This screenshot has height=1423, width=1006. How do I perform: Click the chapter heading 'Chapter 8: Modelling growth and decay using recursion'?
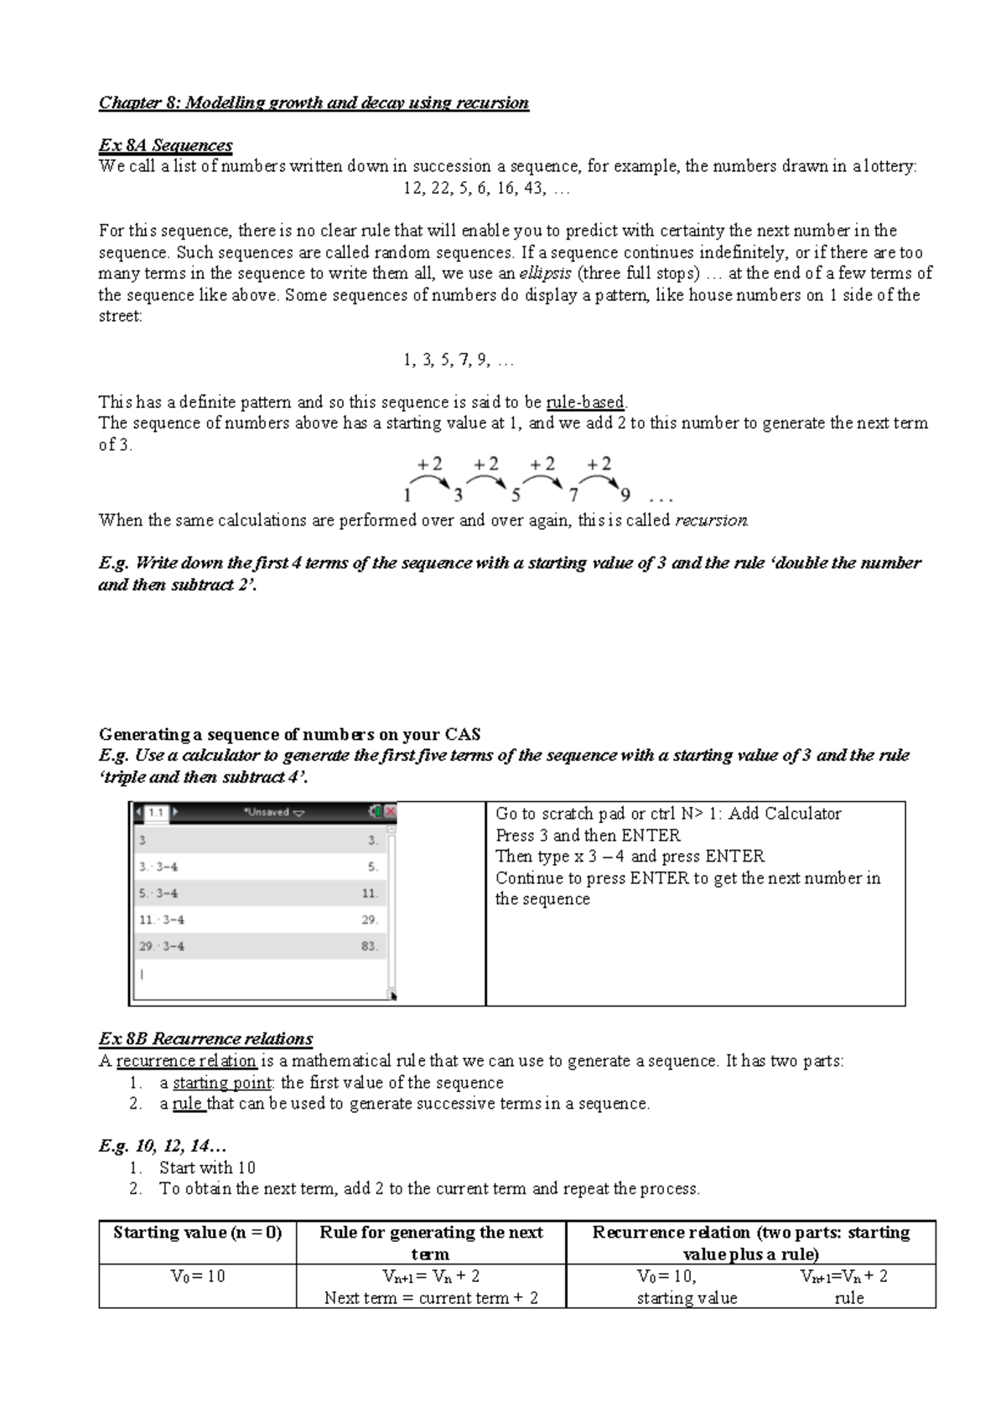pos(314,103)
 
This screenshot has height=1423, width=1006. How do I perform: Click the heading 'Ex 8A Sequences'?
pos(165,145)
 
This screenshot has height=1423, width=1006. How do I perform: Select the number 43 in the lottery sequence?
pos(532,188)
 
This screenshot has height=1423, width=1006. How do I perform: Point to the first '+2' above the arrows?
pos(430,464)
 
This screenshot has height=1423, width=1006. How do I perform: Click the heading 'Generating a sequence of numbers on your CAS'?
pos(289,734)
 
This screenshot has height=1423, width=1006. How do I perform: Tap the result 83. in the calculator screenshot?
pos(370,946)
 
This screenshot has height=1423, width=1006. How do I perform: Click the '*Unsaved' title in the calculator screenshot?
pos(273,812)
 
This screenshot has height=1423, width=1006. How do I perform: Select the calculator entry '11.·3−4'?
pos(162,919)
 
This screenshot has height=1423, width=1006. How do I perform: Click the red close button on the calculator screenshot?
pos(390,811)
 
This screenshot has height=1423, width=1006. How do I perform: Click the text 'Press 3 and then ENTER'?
pos(588,836)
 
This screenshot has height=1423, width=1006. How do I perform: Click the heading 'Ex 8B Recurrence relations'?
pos(205,1039)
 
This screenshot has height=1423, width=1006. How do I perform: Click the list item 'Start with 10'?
pos(207,1167)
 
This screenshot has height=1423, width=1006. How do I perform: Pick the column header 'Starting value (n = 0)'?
pos(197,1232)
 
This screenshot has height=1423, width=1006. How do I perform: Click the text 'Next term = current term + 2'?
pos(431,1298)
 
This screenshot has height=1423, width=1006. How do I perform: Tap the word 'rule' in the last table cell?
pos(848,1298)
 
